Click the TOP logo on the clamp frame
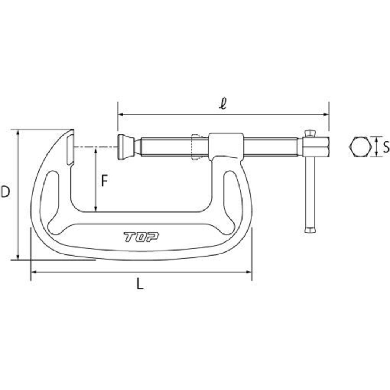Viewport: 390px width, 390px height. pyautogui.click(x=141, y=237)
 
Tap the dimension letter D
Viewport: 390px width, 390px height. pyautogui.click(x=5, y=192)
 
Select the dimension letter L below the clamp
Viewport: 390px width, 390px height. pyautogui.click(x=140, y=284)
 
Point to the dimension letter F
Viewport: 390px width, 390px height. pyautogui.click(x=104, y=181)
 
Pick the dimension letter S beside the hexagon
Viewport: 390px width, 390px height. pyautogui.click(x=386, y=147)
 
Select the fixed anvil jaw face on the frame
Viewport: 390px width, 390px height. pyautogui.click(x=70, y=149)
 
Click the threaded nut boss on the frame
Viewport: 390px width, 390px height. pyautogui.click(x=225, y=146)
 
